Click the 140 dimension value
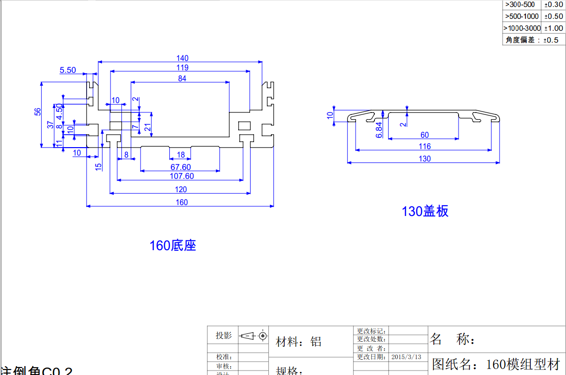pyautogui.click(x=182, y=58)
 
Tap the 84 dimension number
pyautogui.click(x=182, y=78)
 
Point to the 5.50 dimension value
pyautogui.click(x=68, y=70)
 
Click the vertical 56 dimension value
pyautogui.click(x=38, y=112)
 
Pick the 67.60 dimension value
pyautogui.click(x=181, y=167)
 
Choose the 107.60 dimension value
pyautogui.click(x=182, y=176)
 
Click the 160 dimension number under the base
pyautogui.click(x=182, y=202)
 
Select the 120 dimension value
pyautogui.click(x=181, y=189)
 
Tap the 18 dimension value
pyautogui.click(x=181, y=155)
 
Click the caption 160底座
pyautogui.click(x=173, y=246)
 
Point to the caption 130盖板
pyautogui.click(x=425, y=212)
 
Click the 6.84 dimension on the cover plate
pyautogui.click(x=379, y=129)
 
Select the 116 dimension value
pyautogui.click(x=424, y=146)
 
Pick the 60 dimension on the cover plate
pyautogui.click(x=424, y=135)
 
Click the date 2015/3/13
pyautogui.click(x=406, y=357)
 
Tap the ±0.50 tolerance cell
pyautogui.click(x=553, y=16)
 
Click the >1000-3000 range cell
pyautogui.click(x=522, y=28)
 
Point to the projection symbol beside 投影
pyautogui.click(x=253, y=336)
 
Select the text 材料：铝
pyautogui.click(x=299, y=342)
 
